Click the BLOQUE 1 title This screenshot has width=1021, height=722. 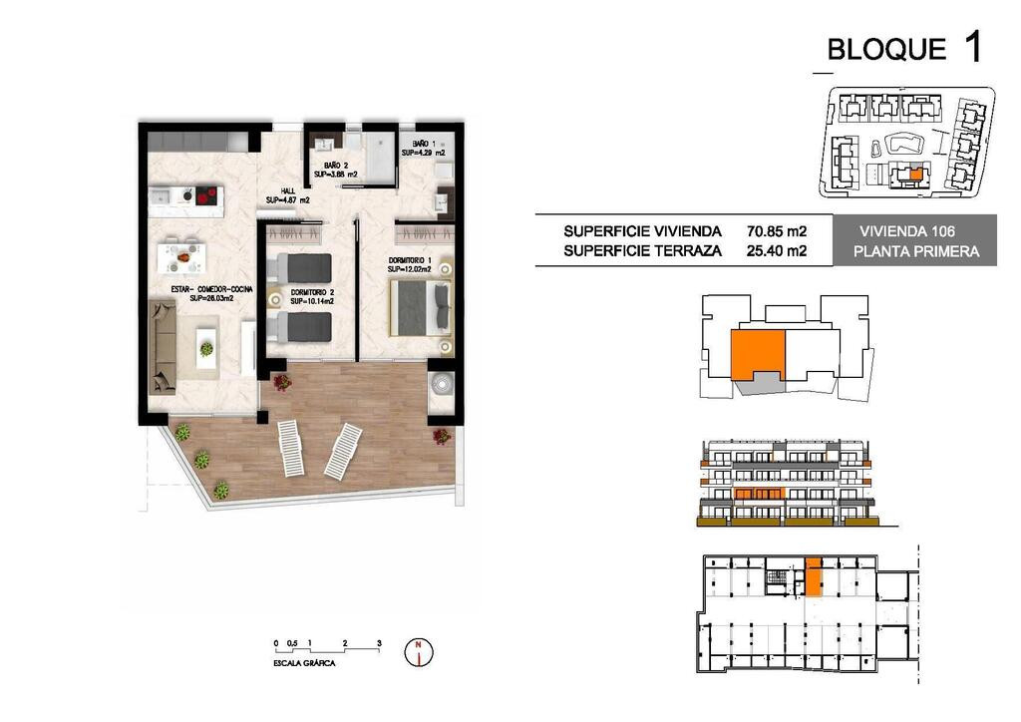[x=903, y=48]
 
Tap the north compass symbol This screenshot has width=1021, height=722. [x=419, y=651]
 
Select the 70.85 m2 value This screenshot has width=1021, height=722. [x=776, y=231]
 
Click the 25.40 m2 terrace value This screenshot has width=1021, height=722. [x=776, y=250]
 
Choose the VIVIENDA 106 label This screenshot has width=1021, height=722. [x=907, y=231]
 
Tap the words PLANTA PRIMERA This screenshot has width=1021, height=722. [x=916, y=251]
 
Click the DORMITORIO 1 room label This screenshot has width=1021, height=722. [x=410, y=260]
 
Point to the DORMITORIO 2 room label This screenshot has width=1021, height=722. [x=312, y=293]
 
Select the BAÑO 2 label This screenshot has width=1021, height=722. [x=335, y=166]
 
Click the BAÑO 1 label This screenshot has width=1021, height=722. [x=424, y=144]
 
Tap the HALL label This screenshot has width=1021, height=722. [x=287, y=191]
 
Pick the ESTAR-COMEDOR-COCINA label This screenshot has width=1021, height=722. [x=211, y=289]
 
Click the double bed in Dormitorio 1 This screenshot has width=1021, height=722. [x=420, y=307]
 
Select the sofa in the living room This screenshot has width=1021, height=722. [x=163, y=347]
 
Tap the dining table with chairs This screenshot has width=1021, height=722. [x=181, y=256]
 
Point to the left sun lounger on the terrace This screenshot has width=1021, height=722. [x=291, y=448]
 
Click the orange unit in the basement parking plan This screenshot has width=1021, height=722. [x=814, y=576]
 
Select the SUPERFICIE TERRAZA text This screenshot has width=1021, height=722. [x=643, y=250]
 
